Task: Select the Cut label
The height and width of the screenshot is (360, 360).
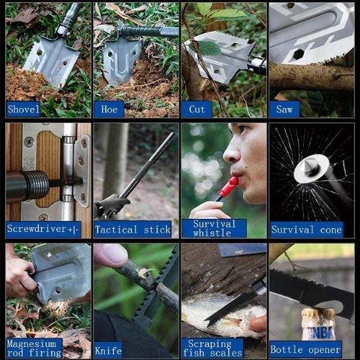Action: pos(197,109)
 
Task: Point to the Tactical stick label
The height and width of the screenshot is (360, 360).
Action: pos(132,229)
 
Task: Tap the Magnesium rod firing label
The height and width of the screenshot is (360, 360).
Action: pos(34,348)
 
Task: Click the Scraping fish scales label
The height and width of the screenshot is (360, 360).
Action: pos(212,348)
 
